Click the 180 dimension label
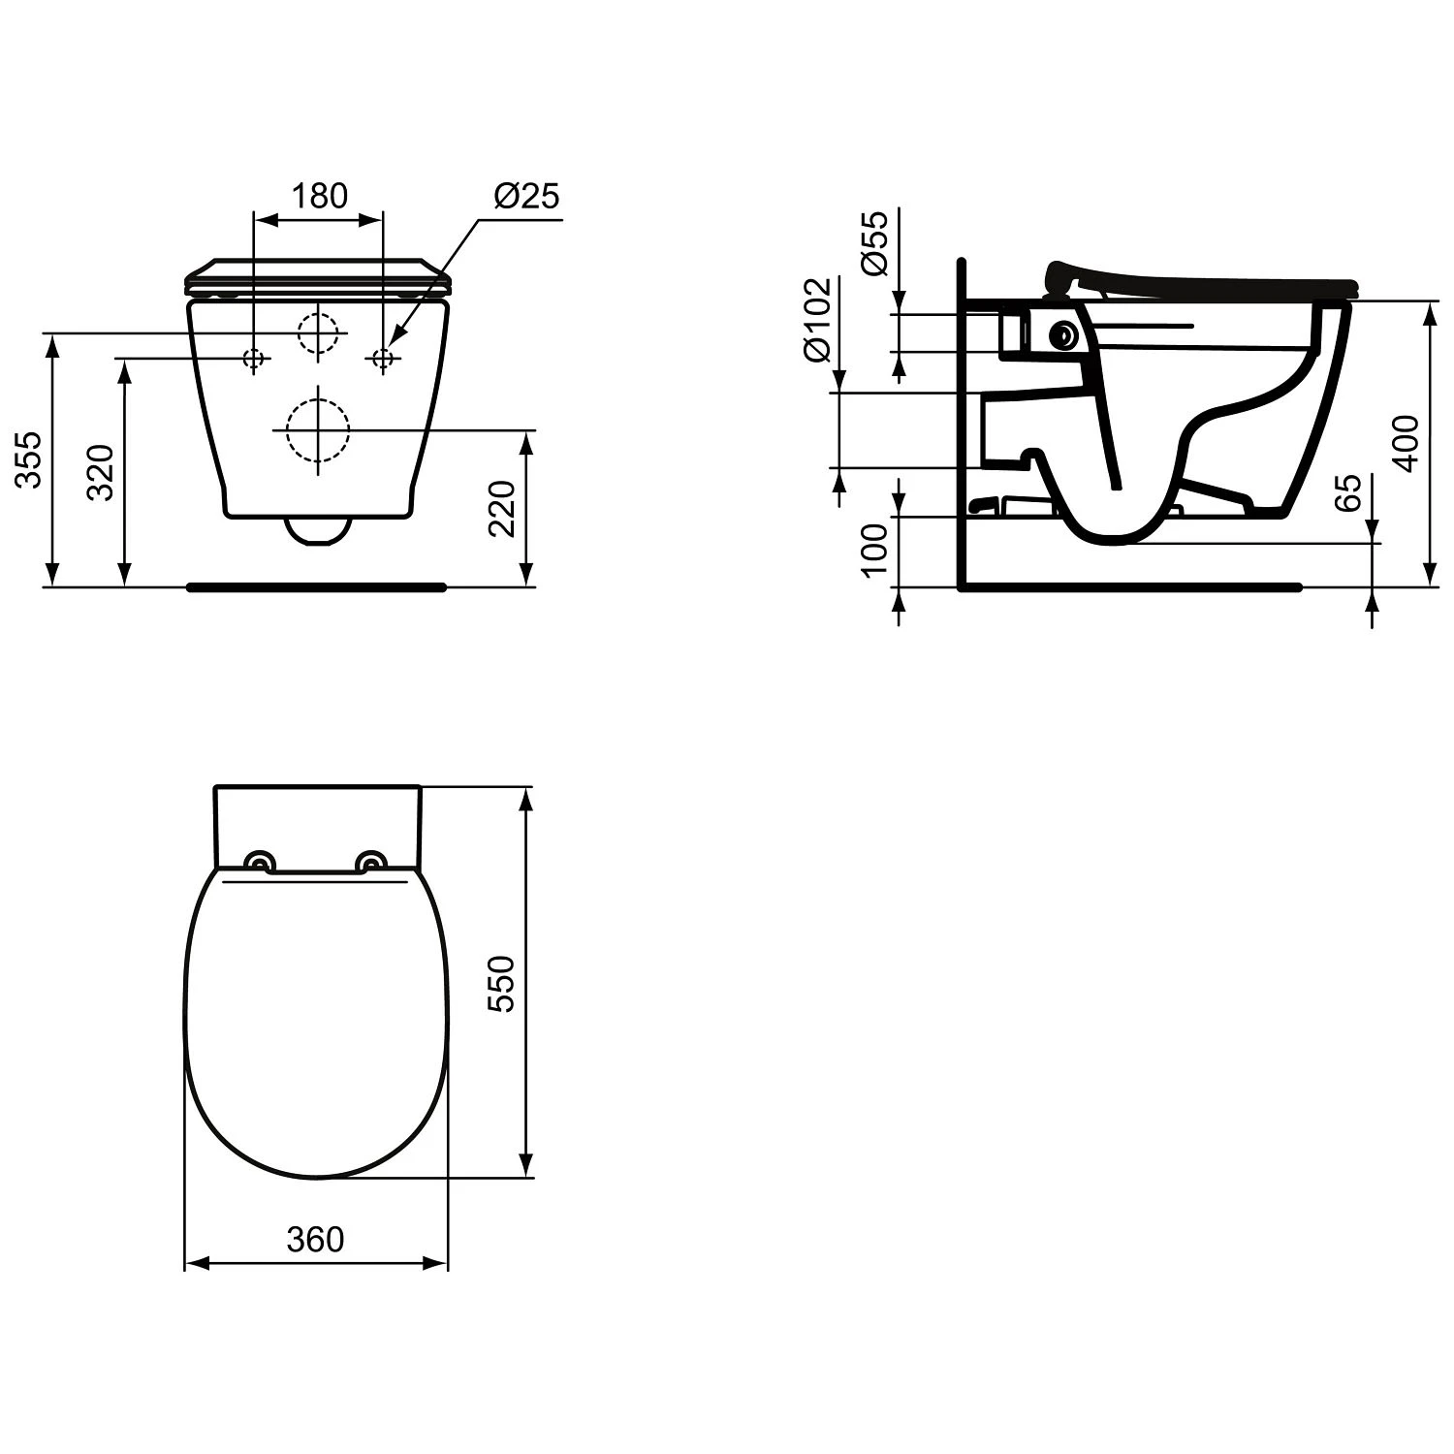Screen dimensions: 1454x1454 click(x=320, y=196)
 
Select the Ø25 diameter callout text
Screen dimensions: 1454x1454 click(x=527, y=196)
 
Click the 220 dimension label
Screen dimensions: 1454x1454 click(x=501, y=508)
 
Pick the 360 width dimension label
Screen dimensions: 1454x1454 click(x=316, y=1239)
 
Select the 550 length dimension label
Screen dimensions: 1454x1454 click(x=501, y=984)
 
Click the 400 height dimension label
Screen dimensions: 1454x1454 click(x=1406, y=443)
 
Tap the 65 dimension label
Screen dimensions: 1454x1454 click(x=1348, y=493)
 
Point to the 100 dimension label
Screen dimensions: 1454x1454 click(x=874, y=549)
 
